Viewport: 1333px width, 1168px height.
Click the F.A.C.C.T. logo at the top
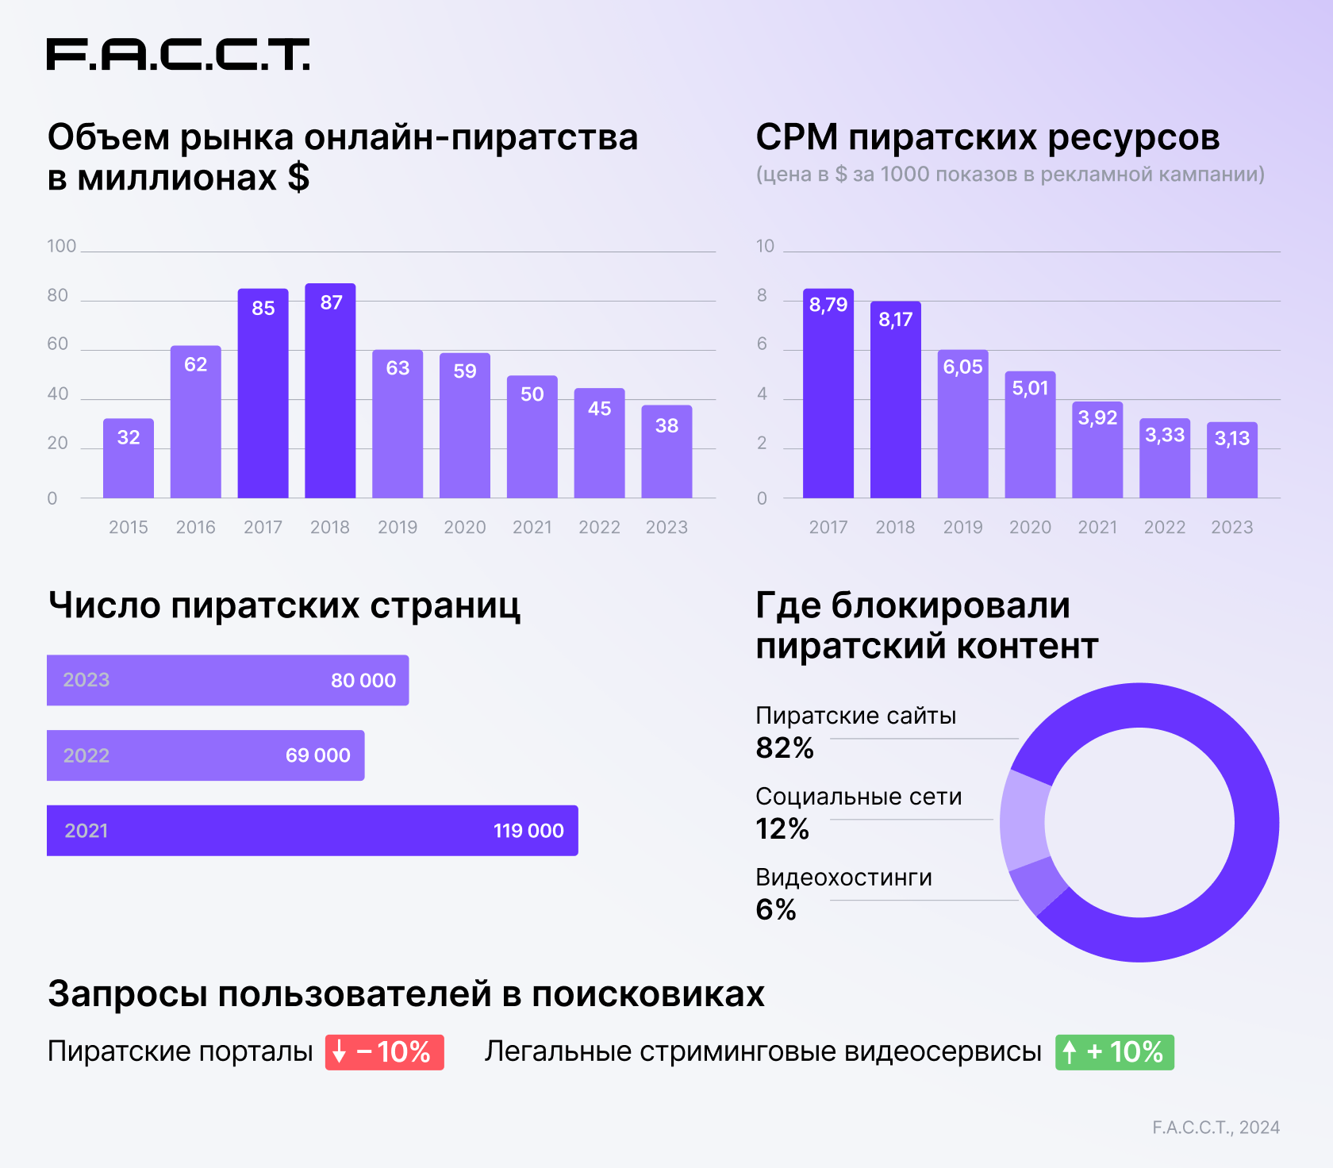click(x=178, y=54)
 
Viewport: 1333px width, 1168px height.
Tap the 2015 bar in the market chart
click(x=129, y=459)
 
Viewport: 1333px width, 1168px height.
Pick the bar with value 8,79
click(x=828, y=394)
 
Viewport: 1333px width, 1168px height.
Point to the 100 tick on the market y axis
click(x=61, y=246)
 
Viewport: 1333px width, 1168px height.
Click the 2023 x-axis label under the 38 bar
click(x=666, y=527)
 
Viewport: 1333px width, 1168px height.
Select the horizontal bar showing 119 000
click(x=312, y=831)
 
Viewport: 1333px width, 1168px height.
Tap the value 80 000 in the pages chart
click(x=363, y=680)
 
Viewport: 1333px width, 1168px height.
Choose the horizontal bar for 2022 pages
click(x=206, y=755)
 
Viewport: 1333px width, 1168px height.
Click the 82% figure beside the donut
click(x=785, y=747)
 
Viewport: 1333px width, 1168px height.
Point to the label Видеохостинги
click(x=843, y=877)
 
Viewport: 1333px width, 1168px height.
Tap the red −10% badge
click(x=385, y=1052)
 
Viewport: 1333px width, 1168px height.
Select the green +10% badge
click(x=1114, y=1052)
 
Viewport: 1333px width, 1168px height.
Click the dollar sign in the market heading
click(x=298, y=177)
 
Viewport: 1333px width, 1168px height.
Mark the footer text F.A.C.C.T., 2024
click(x=1216, y=1127)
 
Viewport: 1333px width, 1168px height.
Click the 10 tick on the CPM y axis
click(x=765, y=246)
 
